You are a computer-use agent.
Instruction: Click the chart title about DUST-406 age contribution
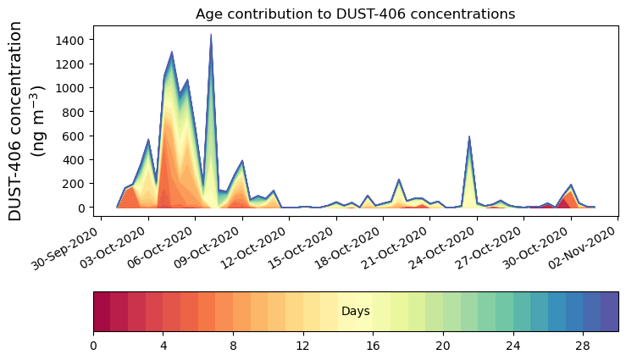355,14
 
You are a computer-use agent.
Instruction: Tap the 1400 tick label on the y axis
71,40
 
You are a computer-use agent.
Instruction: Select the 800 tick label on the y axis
75,112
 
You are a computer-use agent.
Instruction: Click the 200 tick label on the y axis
75,184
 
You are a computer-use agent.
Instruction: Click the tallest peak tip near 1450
211,35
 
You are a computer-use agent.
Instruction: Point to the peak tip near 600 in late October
469,136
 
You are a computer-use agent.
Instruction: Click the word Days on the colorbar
355,312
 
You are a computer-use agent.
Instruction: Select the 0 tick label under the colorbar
93,346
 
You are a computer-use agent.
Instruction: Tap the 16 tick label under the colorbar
373,346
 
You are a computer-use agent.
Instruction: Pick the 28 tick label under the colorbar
583,346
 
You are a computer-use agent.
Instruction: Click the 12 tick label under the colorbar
303,346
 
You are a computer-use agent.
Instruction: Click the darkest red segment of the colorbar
102,312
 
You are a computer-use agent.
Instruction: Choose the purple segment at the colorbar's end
609,312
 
